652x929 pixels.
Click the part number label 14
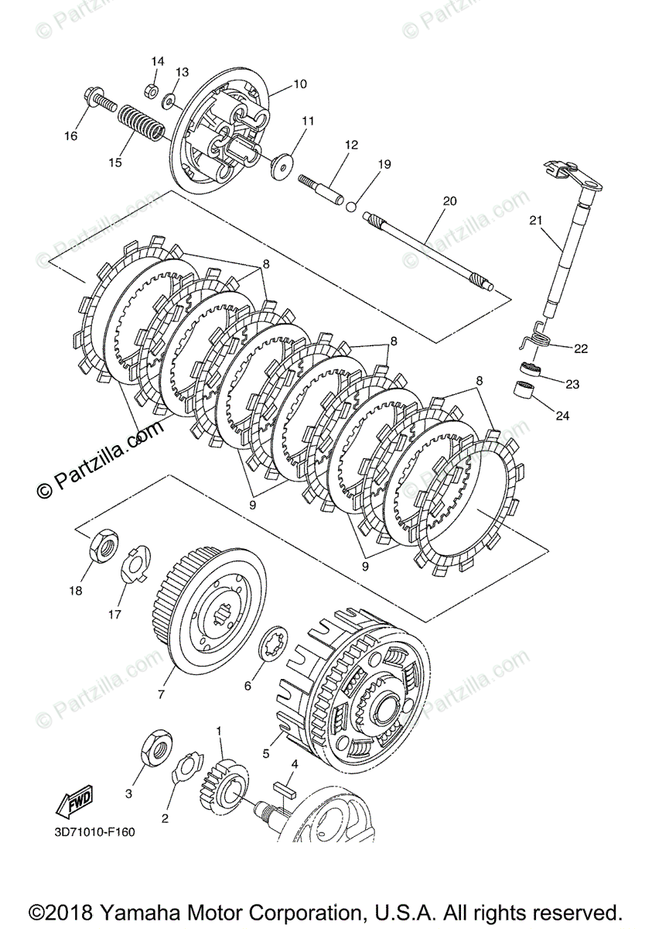(158, 61)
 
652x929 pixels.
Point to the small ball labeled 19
(351, 206)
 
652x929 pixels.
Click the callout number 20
(449, 201)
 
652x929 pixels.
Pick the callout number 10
(300, 84)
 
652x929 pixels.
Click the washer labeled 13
(168, 100)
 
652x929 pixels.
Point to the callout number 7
(161, 694)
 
